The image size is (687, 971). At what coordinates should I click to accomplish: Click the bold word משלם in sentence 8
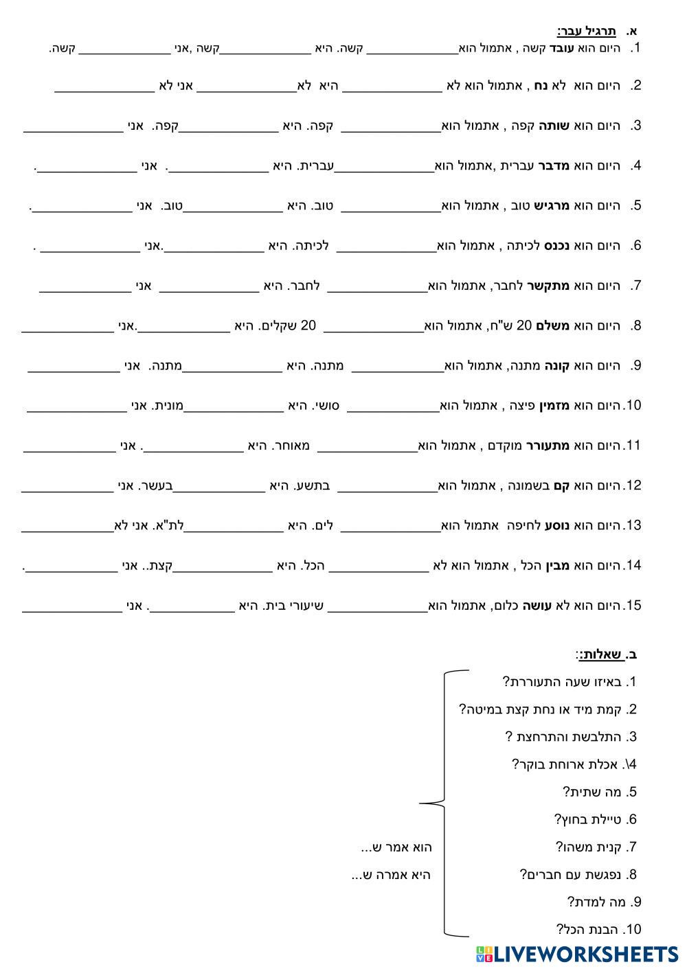click(562, 325)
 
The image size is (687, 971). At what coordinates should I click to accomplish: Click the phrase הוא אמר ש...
click(396, 847)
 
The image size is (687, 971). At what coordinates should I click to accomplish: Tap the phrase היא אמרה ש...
click(391, 875)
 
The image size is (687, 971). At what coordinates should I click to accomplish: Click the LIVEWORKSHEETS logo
click(576, 954)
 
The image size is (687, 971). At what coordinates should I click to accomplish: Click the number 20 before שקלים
click(309, 325)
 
